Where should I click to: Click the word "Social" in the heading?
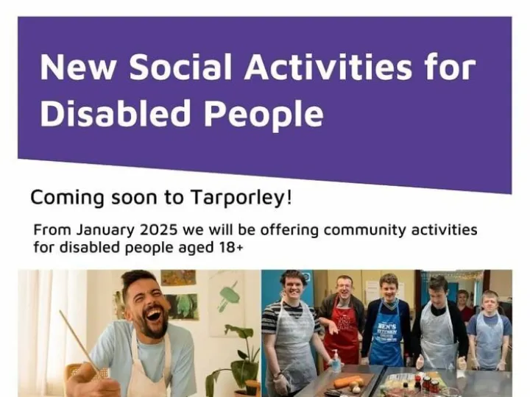pos(180,68)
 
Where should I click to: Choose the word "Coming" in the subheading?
pos(60,198)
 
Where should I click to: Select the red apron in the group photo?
pos(343,335)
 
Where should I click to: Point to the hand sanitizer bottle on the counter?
pos(336,360)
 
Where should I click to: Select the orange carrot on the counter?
pos(347,382)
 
